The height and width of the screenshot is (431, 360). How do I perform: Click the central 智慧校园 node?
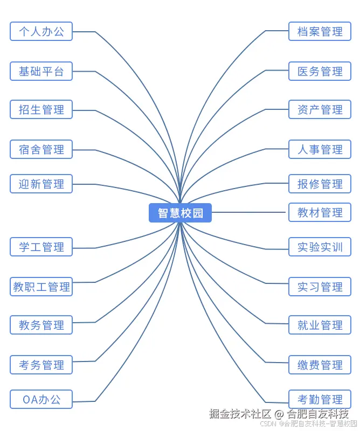pyautogui.click(x=180, y=213)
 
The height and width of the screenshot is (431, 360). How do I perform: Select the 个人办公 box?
pyautogui.click(x=41, y=31)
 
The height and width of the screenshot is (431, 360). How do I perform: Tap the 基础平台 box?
pyautogui.click(x=41, y=71)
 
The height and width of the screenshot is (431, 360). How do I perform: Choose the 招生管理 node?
pyautogui.click(x=41, y=109)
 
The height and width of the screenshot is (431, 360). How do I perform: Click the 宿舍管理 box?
pyautogui.click(x=41, y=149)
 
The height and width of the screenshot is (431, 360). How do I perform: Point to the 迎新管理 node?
pyautogui.click(x=41, y=184)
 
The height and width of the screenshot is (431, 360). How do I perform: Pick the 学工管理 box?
pyautogui.click(x=41, y=247)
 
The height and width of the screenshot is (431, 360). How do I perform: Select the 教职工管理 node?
pyautogui.click(x=41, y=287)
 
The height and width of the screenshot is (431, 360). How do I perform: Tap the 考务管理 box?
pyautogui.click(x=41, y=365)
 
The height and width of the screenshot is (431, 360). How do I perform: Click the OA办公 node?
pyautogui.click(x=41, y=399)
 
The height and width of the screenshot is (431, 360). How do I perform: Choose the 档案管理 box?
pyautogui.click(x=320, y=31)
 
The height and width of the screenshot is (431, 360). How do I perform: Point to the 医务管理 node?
pyautogui.click(x=320, y=71)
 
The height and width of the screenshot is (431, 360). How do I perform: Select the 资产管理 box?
pyautogui.click(x=320, y=109)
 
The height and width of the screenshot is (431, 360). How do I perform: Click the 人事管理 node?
pyautogui.click(x=320, y=149)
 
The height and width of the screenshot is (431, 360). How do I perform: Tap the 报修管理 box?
pyautogui.click(x=320, y=184)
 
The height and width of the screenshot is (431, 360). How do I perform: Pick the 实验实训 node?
pyautogui.click(x=320, y=247)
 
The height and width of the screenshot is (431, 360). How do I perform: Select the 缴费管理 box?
pyautogui.click(x=320, y=365)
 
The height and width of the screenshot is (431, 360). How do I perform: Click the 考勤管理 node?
pyautogui.click(x=320, y=399)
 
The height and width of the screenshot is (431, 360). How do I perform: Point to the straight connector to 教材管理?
pyautogui.click(x=249, y=212)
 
